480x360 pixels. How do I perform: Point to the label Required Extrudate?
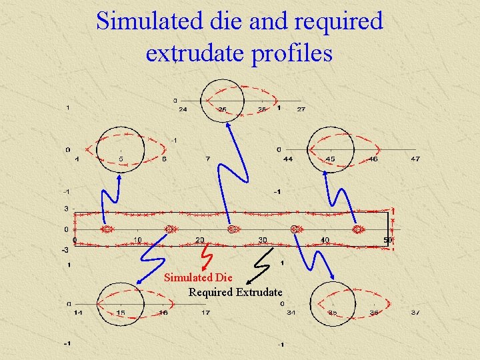coord(235,292)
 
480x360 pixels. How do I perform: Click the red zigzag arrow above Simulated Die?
coord(207,255)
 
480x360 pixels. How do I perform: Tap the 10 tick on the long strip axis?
coord(137,240)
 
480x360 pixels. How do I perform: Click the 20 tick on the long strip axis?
coord(199,240)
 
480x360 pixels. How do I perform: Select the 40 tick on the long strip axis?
coord(325,240)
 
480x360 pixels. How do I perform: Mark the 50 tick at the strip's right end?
coord(387,240)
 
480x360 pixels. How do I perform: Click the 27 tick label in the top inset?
coord(301,109)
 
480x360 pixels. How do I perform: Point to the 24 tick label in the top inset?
coord(182,109)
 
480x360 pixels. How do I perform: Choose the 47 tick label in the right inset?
coord(415,159)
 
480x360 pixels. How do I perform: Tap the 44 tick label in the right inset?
coord(287,159)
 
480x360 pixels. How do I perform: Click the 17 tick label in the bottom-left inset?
coord(206,312)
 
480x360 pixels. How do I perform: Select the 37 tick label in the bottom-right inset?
coord(415,312)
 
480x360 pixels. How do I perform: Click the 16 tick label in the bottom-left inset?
coord(163,312)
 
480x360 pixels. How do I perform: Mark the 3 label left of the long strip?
coord(66,209)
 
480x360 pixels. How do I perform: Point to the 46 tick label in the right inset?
coord(373,159)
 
